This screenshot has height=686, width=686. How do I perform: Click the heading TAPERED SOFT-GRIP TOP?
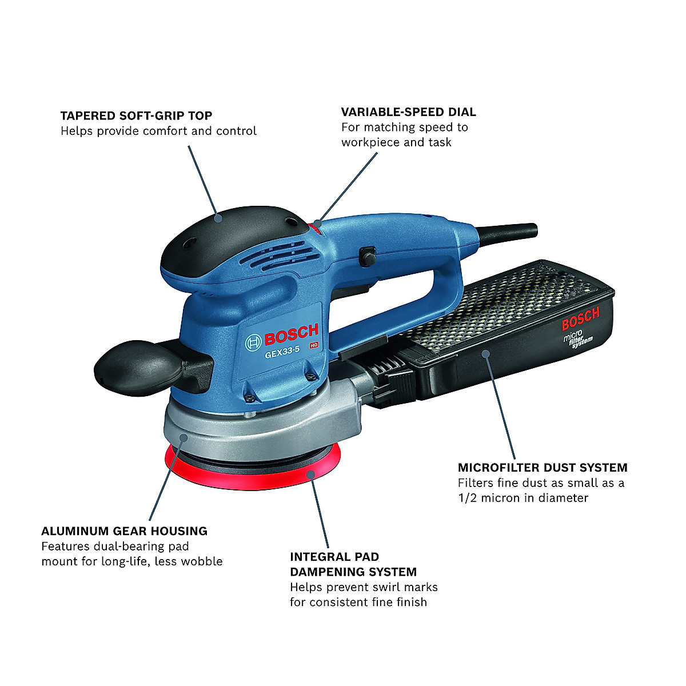pos(136,115)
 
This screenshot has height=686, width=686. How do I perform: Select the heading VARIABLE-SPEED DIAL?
pos(408,112)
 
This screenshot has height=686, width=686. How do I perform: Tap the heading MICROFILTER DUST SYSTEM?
pos(542,468)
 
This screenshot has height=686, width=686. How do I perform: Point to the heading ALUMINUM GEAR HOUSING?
pos(124,531)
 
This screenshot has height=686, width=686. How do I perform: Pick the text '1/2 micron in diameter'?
pos(523,498)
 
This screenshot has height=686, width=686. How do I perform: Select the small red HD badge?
pos(313,345)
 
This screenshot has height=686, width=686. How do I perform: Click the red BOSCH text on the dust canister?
pos(580,319)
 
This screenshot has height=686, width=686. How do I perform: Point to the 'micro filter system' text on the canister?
pos(578,338)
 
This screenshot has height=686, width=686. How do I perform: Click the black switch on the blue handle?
pos(367,256)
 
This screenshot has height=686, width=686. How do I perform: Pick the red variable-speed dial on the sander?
pos(315,228)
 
